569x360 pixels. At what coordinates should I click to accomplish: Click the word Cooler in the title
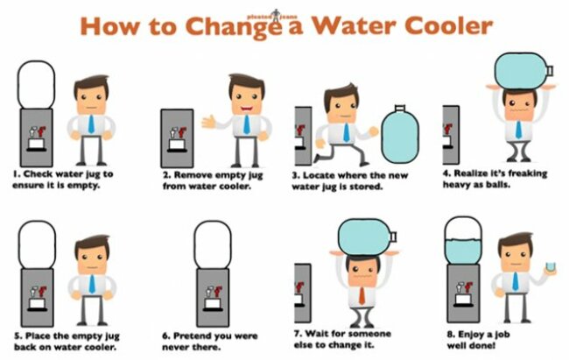448,25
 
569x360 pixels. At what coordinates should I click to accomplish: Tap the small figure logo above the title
276,15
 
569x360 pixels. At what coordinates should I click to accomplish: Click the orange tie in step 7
362,295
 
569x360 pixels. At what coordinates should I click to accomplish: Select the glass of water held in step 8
551,268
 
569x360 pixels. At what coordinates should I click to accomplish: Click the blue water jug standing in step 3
400,132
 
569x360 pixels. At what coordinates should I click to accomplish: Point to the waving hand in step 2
208,122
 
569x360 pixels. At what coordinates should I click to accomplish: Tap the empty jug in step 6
213,244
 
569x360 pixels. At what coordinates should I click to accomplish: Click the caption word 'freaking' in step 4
526,173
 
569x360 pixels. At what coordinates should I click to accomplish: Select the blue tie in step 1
91,124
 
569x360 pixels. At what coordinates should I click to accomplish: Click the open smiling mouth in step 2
247,109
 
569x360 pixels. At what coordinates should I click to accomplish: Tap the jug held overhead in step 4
524,70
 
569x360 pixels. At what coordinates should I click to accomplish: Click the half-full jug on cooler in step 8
463,241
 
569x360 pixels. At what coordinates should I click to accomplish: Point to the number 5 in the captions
17,335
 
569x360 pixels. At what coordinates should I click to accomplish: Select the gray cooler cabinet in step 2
177,138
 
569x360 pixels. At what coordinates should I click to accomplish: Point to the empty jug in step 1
36,85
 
